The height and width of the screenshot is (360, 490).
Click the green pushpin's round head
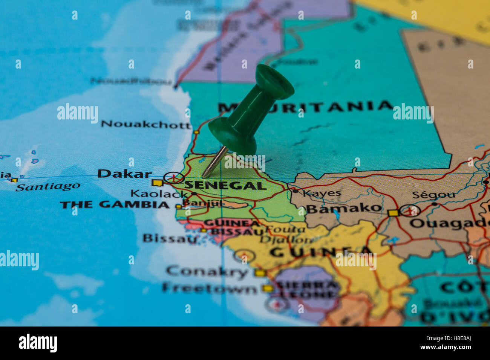coord(274,81)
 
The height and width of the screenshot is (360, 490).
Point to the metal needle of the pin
coord(214,162)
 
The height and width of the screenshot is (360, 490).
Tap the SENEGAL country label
coord(225,185)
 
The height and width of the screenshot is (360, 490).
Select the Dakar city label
coord(124,174)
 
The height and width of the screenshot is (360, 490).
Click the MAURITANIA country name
coord(305,107)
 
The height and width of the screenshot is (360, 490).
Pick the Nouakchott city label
coord(146,124)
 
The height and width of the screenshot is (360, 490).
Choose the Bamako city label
coord(344,208)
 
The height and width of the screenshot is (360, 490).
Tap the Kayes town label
coord(322,194)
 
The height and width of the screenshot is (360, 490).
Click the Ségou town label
coord(433,195)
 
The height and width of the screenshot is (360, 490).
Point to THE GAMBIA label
coord(115,205)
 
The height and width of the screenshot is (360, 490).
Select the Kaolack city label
coord(159,194)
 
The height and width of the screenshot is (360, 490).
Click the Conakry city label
coord(207,271)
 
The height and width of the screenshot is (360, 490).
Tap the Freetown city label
coord(210,288)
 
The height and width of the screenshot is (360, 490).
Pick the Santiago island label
coord(48,186)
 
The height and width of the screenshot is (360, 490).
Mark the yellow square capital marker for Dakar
coord(157,183)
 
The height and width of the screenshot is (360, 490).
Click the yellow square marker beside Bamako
coord(393,213)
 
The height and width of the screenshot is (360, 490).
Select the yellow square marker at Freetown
coord(268,289)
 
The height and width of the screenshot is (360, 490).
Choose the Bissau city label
coord(170,238)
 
